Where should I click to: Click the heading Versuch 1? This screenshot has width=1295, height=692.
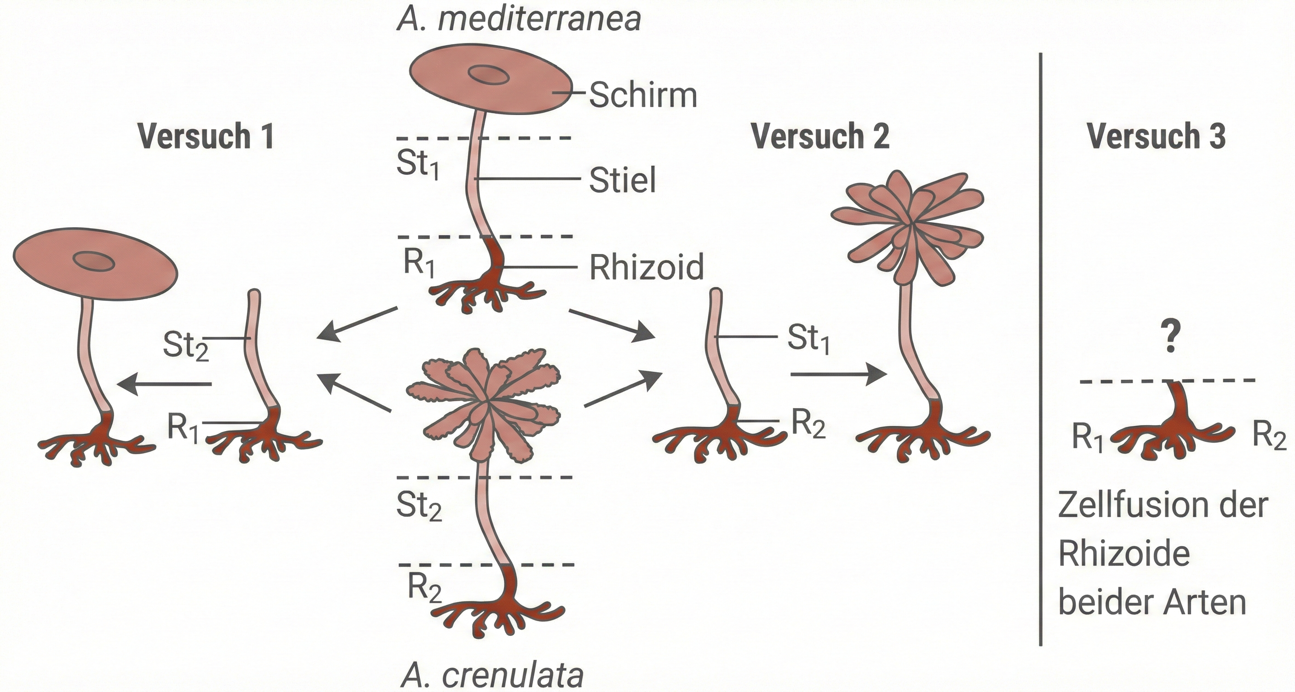pos(206,136)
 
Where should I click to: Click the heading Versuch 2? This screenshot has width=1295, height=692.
pos(820,136)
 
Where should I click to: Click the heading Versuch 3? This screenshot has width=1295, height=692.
pos(1156,136)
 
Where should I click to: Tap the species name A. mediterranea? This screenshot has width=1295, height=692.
pos(519,19)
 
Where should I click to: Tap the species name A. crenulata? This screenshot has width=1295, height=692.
pos(493,675)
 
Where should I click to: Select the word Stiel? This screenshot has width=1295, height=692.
pos(622,180)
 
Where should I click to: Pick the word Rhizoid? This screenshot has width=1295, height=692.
pos(647,267)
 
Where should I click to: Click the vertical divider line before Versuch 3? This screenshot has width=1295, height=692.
pos(1040,352)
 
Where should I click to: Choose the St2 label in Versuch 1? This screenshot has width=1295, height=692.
pos(185,346)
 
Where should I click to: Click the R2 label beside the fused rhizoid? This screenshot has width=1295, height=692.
pos(1268,434)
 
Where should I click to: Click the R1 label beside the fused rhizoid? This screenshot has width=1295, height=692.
pos(1088,437)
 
